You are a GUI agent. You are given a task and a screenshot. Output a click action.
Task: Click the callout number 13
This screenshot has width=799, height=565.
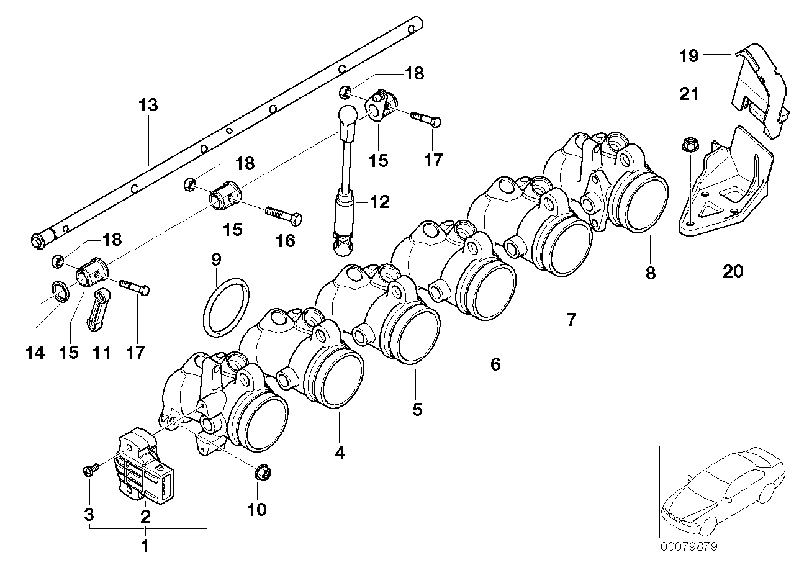point(148,105)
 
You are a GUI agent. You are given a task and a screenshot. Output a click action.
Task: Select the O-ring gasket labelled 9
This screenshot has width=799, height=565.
point(227,307)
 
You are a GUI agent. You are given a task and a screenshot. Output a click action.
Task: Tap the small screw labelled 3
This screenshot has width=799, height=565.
point(88,471)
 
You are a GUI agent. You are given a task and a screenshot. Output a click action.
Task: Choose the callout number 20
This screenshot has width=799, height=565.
point(732,271)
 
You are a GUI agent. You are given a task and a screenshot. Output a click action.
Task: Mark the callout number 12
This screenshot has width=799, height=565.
point(379,201)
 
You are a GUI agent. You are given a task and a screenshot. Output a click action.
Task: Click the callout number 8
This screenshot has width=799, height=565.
point(650,273)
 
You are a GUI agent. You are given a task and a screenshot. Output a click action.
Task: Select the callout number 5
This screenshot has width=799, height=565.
point(417,410)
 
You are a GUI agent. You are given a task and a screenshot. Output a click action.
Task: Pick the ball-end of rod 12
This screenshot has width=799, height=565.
point(348,115)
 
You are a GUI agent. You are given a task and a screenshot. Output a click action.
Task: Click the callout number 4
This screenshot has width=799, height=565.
point(339,453)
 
